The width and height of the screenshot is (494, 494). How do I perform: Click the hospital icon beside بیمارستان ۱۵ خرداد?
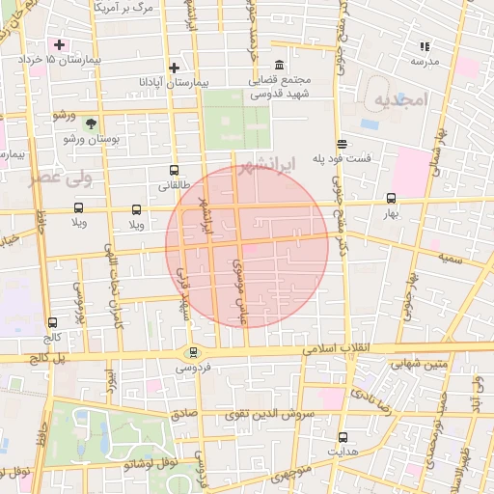[x=60, y=44]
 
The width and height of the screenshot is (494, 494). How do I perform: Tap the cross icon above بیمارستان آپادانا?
[x=174, y=68]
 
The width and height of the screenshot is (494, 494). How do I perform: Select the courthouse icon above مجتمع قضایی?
[x=279, y=65]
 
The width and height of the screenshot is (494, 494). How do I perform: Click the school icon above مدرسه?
[x=424, y=45]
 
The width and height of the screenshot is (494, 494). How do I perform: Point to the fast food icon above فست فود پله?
[x=341, y=143]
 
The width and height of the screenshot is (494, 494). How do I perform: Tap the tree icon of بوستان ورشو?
[x=91, y=123]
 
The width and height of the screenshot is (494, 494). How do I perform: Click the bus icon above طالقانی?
[x=174, y=168]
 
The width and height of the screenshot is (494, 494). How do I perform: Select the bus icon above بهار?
[x=390, y=196]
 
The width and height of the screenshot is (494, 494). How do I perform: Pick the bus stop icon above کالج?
[x=51, y=323]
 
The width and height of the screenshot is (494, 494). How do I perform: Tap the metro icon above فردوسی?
[x=194, y=353]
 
